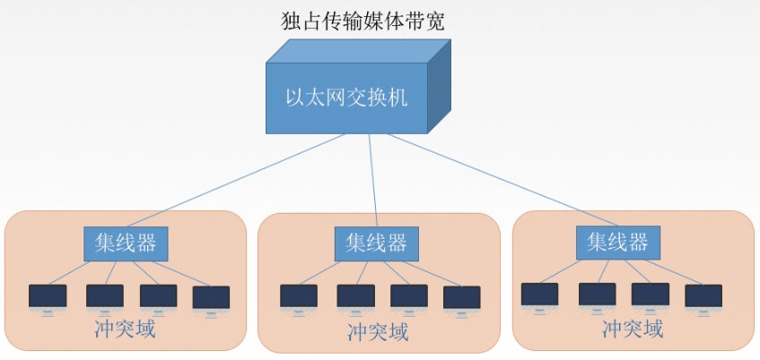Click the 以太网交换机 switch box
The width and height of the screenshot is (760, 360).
(346, 97)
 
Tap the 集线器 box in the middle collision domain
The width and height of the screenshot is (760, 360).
(377, 243)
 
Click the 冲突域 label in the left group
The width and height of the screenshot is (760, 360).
(125, 329)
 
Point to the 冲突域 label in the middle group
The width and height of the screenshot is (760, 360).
(378, 333)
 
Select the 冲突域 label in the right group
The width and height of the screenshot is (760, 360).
(633, 330)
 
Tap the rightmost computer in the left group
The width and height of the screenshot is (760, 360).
(211, 299)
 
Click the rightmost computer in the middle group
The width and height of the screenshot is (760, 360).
(461, 299)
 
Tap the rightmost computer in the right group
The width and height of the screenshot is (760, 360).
(703, 297)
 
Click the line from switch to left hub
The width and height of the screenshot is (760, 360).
(251, 180)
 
